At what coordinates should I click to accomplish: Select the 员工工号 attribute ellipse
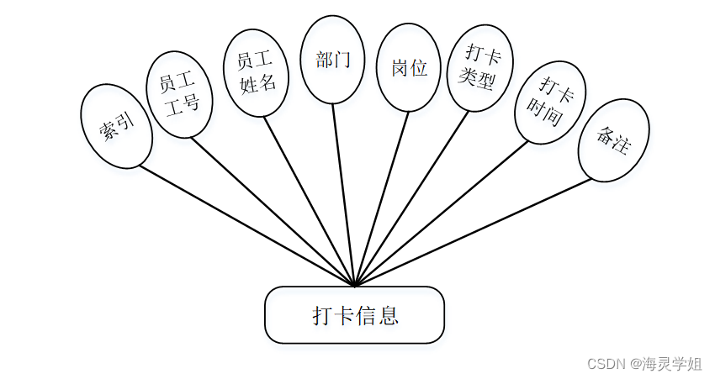pyautogui.click(x=178, y=95)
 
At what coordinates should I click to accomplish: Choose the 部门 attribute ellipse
pyautogui.click(x=332, y=61)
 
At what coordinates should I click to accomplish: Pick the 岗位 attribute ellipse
pyautogui.click(x=409, y=67)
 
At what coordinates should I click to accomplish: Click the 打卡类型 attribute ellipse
pyautogui.click(x=479, y=68)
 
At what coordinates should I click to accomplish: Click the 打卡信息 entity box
pyautogui.click(x=354, y=315)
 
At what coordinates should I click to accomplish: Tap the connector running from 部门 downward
pyautogui.click(x=343, y=193)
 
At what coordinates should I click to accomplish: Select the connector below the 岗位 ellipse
pyautogui.click(x=382, y=197)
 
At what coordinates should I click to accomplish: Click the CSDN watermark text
pyautogui.click(x=643, y=364)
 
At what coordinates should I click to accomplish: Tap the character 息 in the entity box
pyautogui.click(x=388, y=316)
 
